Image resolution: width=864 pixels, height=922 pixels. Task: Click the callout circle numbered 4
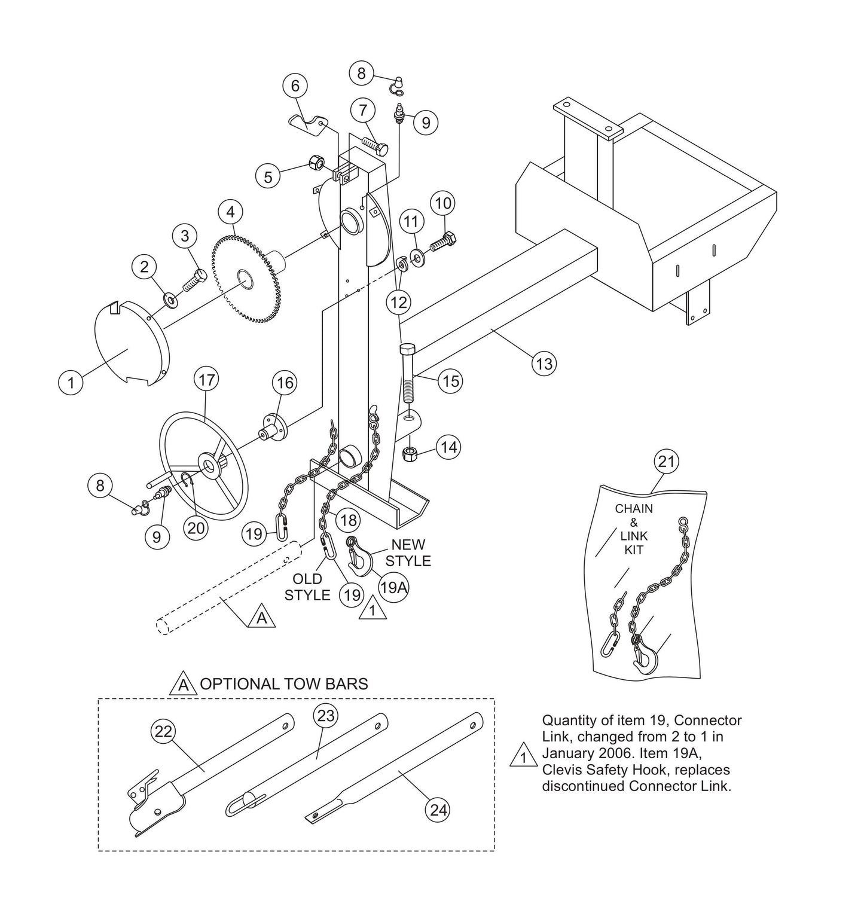click(x=230, y=212)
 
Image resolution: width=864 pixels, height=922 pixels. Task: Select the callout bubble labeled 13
click(x=545, y=363)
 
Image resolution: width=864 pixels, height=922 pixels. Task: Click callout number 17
click(x=206, y=380)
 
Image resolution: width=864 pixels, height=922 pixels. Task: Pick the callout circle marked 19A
click(x=393, y=588)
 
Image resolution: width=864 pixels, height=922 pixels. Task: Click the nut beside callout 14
click(x=408, y=454)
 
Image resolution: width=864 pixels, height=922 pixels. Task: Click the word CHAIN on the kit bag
click(x=634, y=509)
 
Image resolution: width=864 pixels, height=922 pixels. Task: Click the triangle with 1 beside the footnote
click(x=523, y=756)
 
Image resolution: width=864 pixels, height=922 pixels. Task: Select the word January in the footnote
click(x=569, y=753)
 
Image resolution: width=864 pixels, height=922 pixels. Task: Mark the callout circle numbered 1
click(x=71, y=381)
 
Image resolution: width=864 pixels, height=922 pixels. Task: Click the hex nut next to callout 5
click(x=317, y=162)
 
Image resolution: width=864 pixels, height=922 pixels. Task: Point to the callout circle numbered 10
click(x=443, y=203)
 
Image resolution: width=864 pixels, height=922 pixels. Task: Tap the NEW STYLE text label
click(x=408, y=552)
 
